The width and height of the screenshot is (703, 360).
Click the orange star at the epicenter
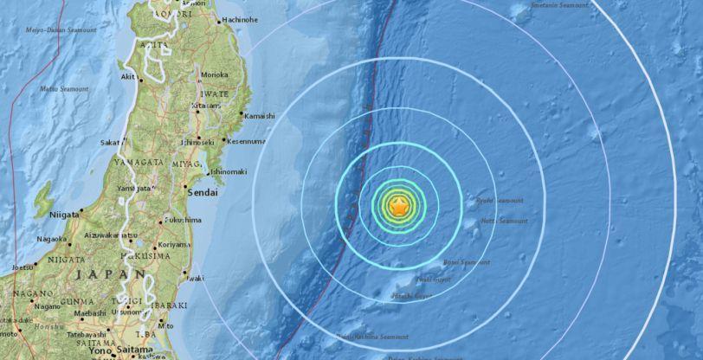tap(397, 206)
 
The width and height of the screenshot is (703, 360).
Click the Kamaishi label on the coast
tap(260, 116)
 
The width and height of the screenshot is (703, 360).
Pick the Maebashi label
tap(89, 312)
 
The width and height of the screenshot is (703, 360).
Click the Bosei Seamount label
tap(467, 262)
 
